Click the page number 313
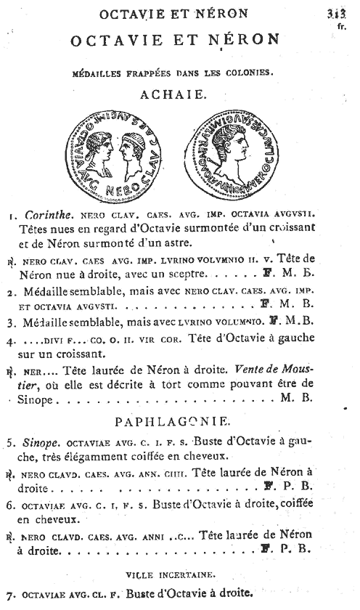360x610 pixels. click(x=334, y=11)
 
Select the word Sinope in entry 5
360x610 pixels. click(x=42, y=442)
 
